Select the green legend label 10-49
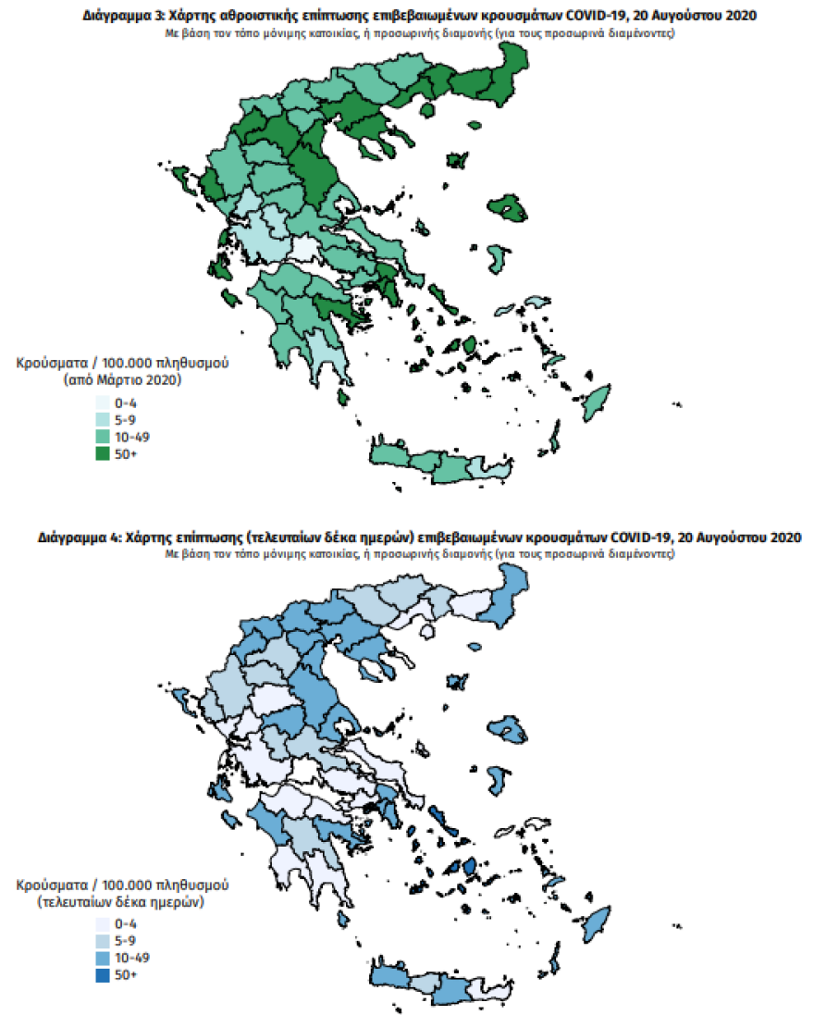(130, 436)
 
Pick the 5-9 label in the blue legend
(125, 941)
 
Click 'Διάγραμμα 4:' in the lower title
(79, 537)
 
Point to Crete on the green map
(435, 463)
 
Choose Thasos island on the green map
(427, 109)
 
